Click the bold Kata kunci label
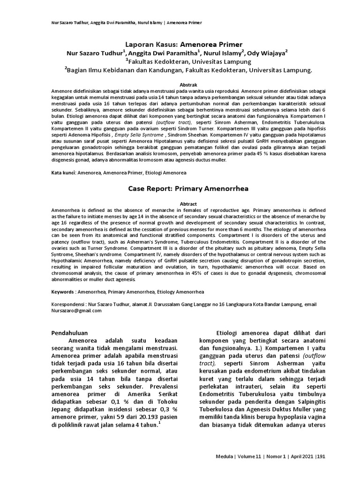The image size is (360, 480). [63, 173]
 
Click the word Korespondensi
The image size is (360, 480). [69, 304]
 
